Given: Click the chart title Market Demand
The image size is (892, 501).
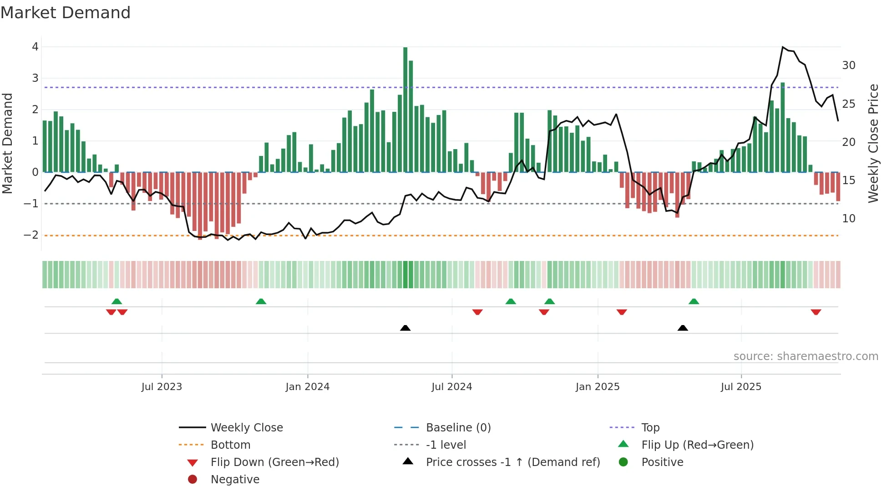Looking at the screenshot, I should [x=66, y=13].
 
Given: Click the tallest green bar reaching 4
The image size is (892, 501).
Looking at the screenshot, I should [x=405, y=109].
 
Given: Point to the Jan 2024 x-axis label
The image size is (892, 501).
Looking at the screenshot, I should [x=307, y=387].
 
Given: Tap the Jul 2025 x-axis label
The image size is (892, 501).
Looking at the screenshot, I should [x=740, y=387].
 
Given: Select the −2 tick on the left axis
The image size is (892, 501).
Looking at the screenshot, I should [x=31, y=235].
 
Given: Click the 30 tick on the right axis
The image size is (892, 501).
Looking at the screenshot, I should [x=848, y=65].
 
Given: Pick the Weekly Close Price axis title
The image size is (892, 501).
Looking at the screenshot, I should [x=873, y=143].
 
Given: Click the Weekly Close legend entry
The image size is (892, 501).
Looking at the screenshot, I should [x=246, y=428].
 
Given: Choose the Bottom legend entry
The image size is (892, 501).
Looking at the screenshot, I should [x=230, y=445].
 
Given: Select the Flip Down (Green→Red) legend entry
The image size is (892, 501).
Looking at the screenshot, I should [x=274, y=462].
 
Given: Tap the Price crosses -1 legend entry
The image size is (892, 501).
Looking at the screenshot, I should [x=512, y=462].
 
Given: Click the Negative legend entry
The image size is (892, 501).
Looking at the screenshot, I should [x=235, y=480].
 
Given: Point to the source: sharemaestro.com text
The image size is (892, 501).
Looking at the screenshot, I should [x=806, y=356].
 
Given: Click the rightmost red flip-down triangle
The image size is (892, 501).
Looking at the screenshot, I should [x=816, y=312].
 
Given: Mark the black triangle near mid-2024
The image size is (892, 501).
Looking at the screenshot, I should [x=405, y=328].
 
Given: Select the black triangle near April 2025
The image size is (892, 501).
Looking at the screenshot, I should [x=682, y=328].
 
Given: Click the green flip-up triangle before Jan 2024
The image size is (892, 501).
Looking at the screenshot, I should [x=261, y=301].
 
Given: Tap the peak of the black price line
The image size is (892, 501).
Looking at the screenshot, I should [x=783, y=47].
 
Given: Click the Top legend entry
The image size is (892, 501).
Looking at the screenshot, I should [x=650, y=428].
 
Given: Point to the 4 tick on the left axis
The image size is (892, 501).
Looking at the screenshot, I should [x=35, y=47].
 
